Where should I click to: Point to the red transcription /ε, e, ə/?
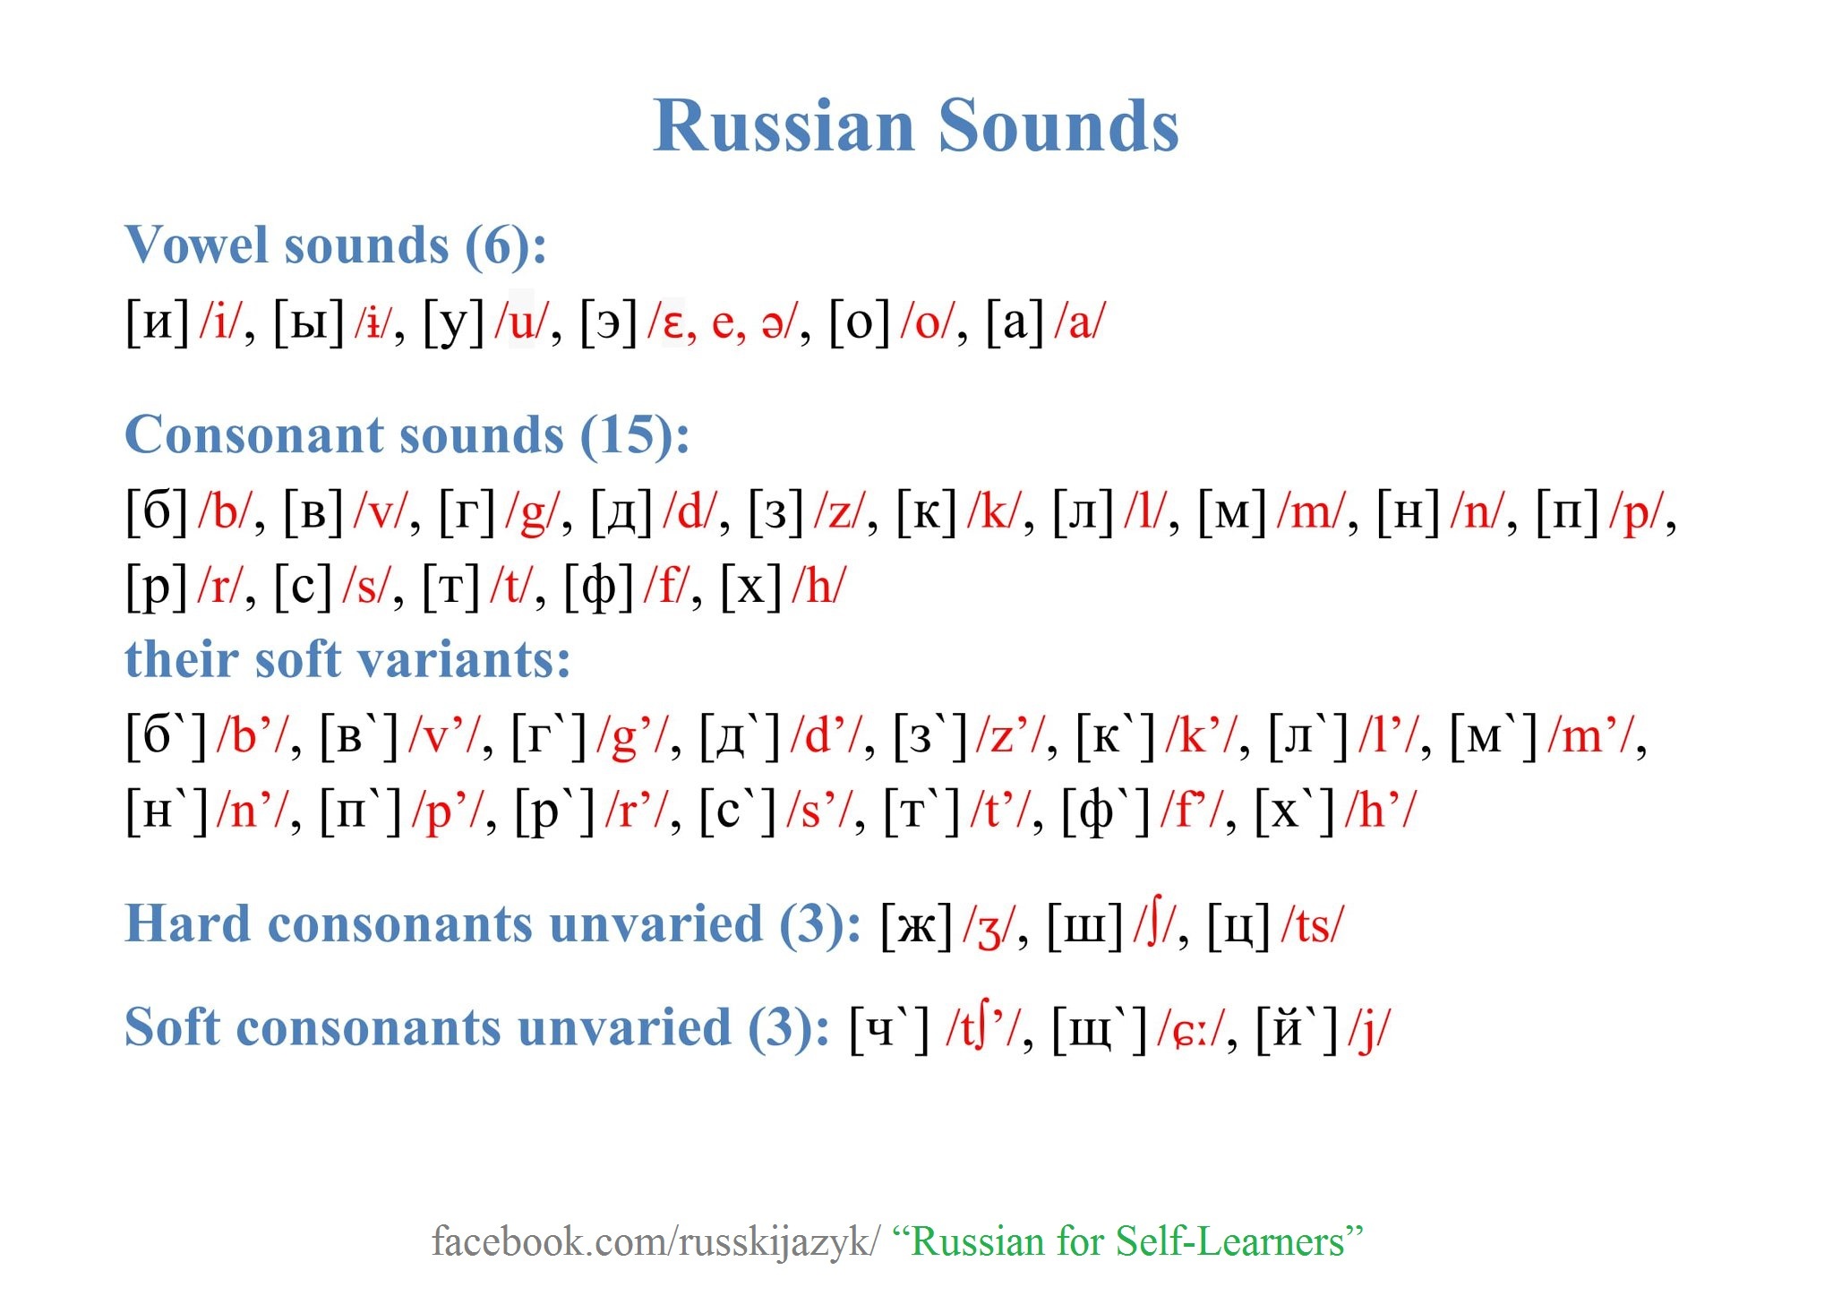pyautogui.click(x=721, y=322)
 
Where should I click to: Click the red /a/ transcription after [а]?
pyautogui.click(x=1080, y=322)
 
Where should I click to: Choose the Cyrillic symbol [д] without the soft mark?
pyautogui.click(x=621, y=513)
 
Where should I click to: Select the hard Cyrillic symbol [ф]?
pyautogui.click(x=599, y=588)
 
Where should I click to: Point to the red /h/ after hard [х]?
pyautogui.click(x=818, y=588)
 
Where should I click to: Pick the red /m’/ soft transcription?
pyautogui.click(x=1593, y=737)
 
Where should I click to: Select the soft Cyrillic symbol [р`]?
pyautogui.click(x=555, y=812)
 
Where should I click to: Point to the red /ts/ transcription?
pyautogui.click(x=1313, y=926)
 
